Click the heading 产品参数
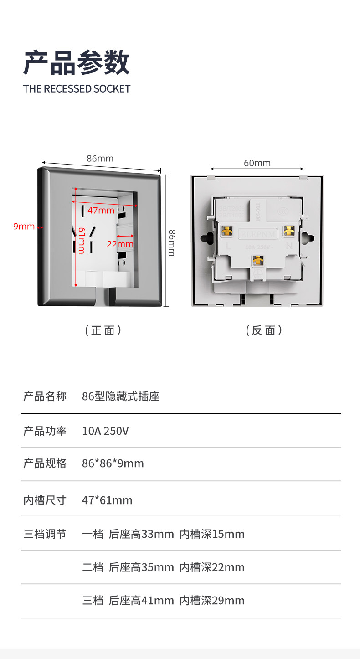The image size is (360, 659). click(77, 63)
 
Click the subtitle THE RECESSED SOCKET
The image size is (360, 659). click(77, 89)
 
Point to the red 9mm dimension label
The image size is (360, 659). click(24, 227)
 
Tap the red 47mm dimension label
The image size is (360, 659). click(101, 210)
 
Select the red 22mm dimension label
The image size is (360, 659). click(120, 244)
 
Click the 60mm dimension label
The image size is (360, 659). click(257, 163)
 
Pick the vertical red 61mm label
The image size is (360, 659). click(81, 240)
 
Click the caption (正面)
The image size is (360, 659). click(103, 330)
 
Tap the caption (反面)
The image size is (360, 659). click(264, 330)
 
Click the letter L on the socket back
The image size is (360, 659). click(228, 247)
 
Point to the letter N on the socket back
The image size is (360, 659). click(288, 246)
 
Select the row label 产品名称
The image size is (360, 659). click(45, 396)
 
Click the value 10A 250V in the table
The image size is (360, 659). click(105, 431)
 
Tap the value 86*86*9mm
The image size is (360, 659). click(113, 463)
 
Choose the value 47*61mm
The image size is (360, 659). click(107, 500)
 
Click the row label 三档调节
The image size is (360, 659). click(45, 534)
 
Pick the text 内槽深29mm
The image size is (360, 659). click(212, 601)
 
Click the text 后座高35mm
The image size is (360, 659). click(141, 567)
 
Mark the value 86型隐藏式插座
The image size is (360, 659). click(121, 396)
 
